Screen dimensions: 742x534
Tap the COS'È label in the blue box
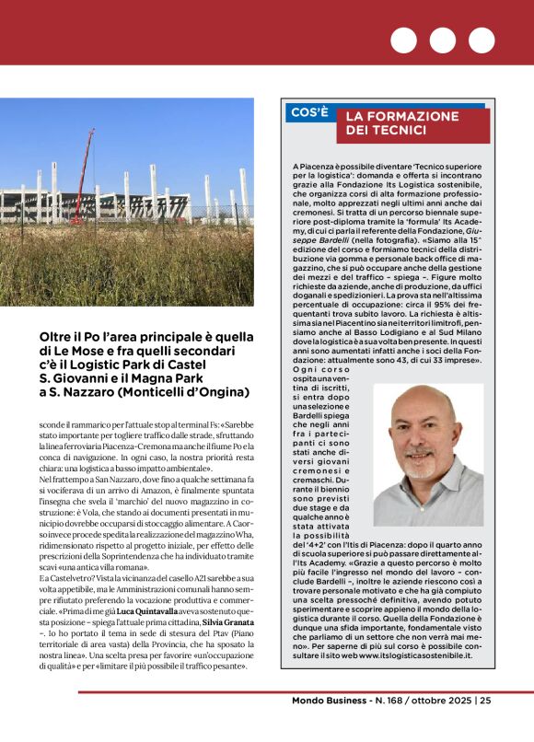[x=309, y=112]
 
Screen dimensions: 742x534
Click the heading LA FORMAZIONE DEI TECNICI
[x=402, y=122]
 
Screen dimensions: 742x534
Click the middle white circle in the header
[x=442, y=41]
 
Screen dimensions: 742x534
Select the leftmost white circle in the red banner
[x=403, y=41]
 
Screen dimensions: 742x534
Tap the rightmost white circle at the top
[x=482, y=41]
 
